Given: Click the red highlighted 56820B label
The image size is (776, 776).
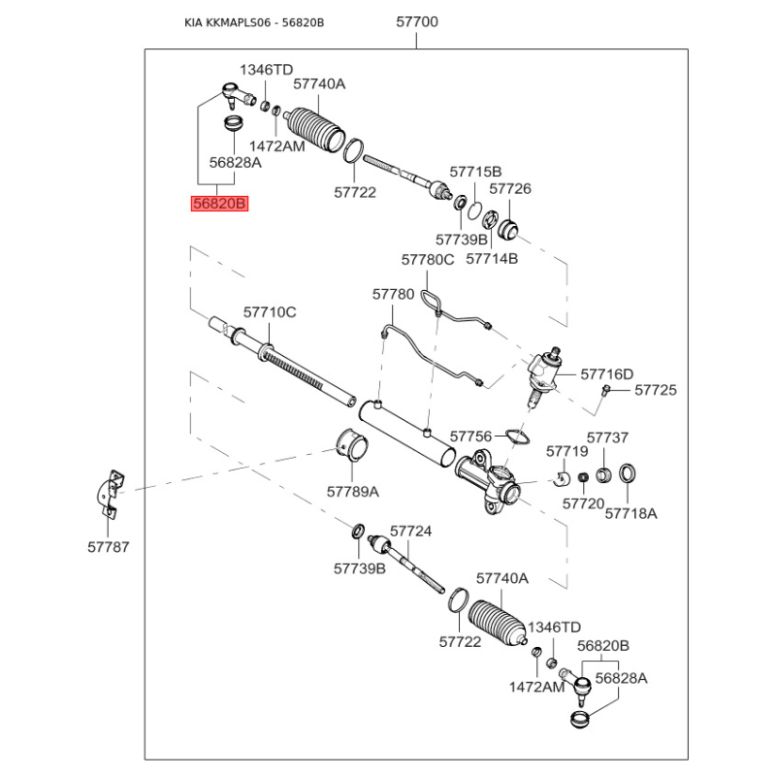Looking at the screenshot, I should [220, 204].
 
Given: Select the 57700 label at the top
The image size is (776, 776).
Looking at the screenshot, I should [417, 22].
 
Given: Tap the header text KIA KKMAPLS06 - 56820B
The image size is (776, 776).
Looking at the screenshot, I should [254, 22].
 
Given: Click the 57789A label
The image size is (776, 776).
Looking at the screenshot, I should [352, 492].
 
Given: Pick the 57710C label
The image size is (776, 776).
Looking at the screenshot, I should [269, 312].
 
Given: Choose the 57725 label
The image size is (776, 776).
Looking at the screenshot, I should [656, 390].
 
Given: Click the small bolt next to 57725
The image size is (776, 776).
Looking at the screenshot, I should [605, 390].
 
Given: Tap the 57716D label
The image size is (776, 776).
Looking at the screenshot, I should [607, 374].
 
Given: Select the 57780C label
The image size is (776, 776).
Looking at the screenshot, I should [428, 259].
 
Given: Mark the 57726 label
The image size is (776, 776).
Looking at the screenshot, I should [510, 189].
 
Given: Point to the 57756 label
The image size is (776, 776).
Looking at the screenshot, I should [471, 436].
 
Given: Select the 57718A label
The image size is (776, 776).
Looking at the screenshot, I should [630, 512].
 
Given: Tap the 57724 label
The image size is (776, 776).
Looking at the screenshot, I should [410, 532].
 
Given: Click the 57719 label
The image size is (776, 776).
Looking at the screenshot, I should [566, 451].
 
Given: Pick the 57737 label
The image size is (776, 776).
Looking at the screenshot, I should [607, 438].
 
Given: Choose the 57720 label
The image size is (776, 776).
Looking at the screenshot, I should [583, 504].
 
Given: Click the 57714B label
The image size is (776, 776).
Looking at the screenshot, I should [492, 259].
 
